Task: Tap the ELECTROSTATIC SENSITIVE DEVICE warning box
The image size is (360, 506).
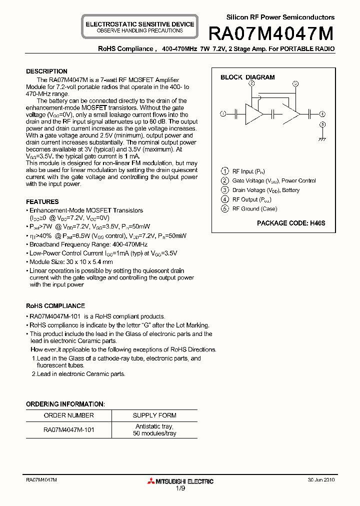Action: click(x=139, y=27)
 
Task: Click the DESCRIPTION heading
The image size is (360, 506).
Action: click(x=46, y=71)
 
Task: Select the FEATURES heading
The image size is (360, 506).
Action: click(x=42, y=202)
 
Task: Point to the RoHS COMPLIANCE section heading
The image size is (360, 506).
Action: click(x=55, y=305)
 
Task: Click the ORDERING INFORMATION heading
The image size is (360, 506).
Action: click(x=65, y=404)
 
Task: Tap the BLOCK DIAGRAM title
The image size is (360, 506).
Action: click(x=247, y=77)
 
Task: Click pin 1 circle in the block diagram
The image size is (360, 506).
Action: click(x=223, y=114)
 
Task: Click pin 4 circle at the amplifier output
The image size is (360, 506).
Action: click(x=322, y=114)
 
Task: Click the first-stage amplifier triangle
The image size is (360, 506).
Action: click(x=253, y=114)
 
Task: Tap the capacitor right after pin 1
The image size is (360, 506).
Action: click(x=235, y=114)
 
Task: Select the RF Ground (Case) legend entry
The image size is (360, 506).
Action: click(x=254, y=209)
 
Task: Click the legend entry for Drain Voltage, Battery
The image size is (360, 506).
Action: click(x=265, y=190)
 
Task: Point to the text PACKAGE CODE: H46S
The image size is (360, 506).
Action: click(x=291, y=223)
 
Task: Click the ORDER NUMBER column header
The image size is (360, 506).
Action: click(x=68, y=415)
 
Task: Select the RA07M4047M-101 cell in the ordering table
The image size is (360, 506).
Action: click(x=68, y=430)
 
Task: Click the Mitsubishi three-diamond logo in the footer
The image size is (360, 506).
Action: click(x=151, y=481)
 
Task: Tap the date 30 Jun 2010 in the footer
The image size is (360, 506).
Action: click(x=321, y=479)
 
